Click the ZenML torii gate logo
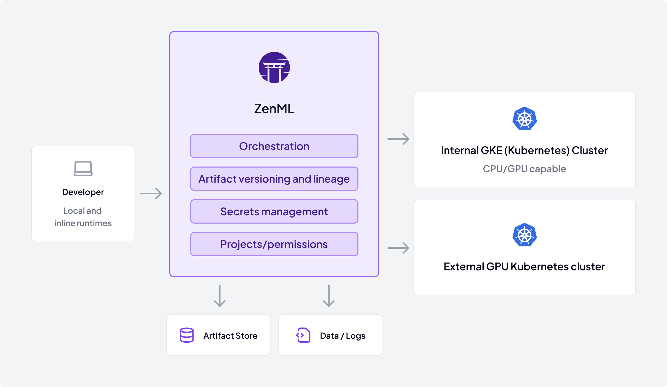click(274, 67)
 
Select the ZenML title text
click(274, 109)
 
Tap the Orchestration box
click(274, 146)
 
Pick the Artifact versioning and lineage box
click(274, 179)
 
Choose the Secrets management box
click(274, 211)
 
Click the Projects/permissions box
click(274, 244)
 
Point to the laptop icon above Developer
click(83, 168)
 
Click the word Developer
click(83, 192)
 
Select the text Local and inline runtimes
click(83, 217)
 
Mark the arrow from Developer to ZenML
click(151, 193)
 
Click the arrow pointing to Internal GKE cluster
click(398, 139)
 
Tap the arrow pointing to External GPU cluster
click(398, 248)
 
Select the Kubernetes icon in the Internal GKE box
click(524, 119)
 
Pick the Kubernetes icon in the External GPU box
click(524, 235)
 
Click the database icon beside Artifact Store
click(186, 335)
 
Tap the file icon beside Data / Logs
click(303, 335)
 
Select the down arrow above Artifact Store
click(220, 296)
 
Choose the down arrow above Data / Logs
click(329, 296)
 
